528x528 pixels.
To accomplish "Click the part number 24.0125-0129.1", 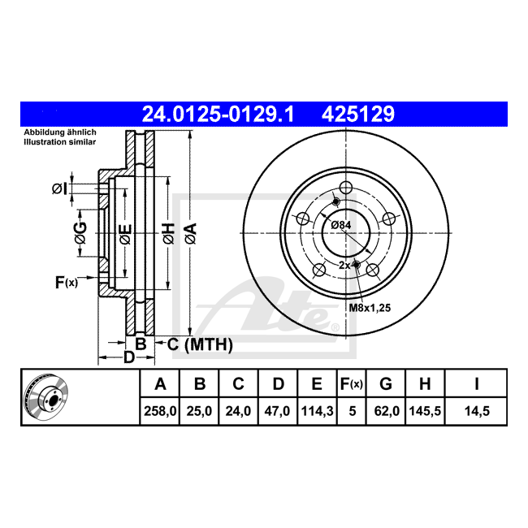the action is coord(219,114).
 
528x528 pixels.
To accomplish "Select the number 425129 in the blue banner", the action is coord(358,114).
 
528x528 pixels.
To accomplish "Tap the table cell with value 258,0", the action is coord(160,411).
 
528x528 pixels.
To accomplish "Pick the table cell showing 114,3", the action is coord(317,411).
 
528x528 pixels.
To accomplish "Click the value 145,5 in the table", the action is coord(425,411).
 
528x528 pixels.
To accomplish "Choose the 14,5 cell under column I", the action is coord(477,411).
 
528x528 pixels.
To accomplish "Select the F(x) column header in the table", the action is coord(352,384).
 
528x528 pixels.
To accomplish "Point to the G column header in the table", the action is coord(386,384).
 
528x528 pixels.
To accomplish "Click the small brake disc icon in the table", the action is coord(46,397).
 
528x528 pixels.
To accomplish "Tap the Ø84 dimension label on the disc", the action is coord(341,225).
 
